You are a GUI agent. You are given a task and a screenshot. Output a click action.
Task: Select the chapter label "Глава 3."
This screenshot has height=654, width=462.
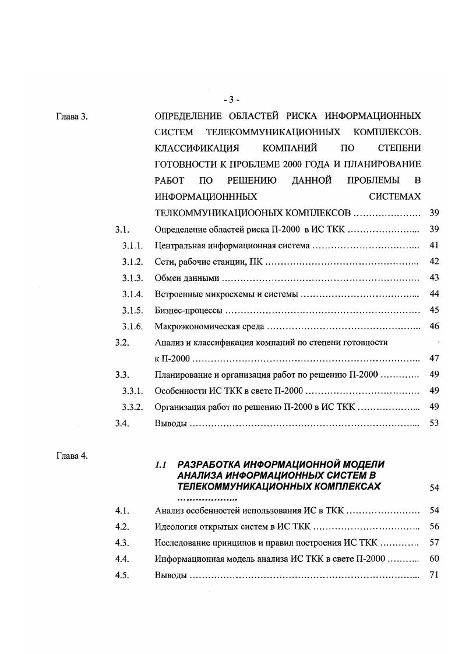[x=71, y=116]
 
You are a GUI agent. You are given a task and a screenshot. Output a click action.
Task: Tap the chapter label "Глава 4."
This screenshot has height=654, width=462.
[x=71, y=456]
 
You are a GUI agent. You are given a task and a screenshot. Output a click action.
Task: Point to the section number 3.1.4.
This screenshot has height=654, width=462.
[x=132, y=294]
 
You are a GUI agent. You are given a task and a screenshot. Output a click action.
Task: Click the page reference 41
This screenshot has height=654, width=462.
[x=433, y=245]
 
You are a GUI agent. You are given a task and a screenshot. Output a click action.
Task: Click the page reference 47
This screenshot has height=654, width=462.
[x=433, y=358]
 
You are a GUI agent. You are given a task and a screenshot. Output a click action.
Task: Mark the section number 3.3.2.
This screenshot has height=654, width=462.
[x=132, y=407]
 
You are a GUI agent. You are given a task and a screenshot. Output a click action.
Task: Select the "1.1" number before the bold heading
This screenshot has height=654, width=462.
[x=161, y=465]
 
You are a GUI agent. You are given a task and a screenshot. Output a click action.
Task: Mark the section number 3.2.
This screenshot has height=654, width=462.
[x=122, y=343]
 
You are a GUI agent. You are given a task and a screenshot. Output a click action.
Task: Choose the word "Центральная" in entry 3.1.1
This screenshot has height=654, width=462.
[x=179, y=245]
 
